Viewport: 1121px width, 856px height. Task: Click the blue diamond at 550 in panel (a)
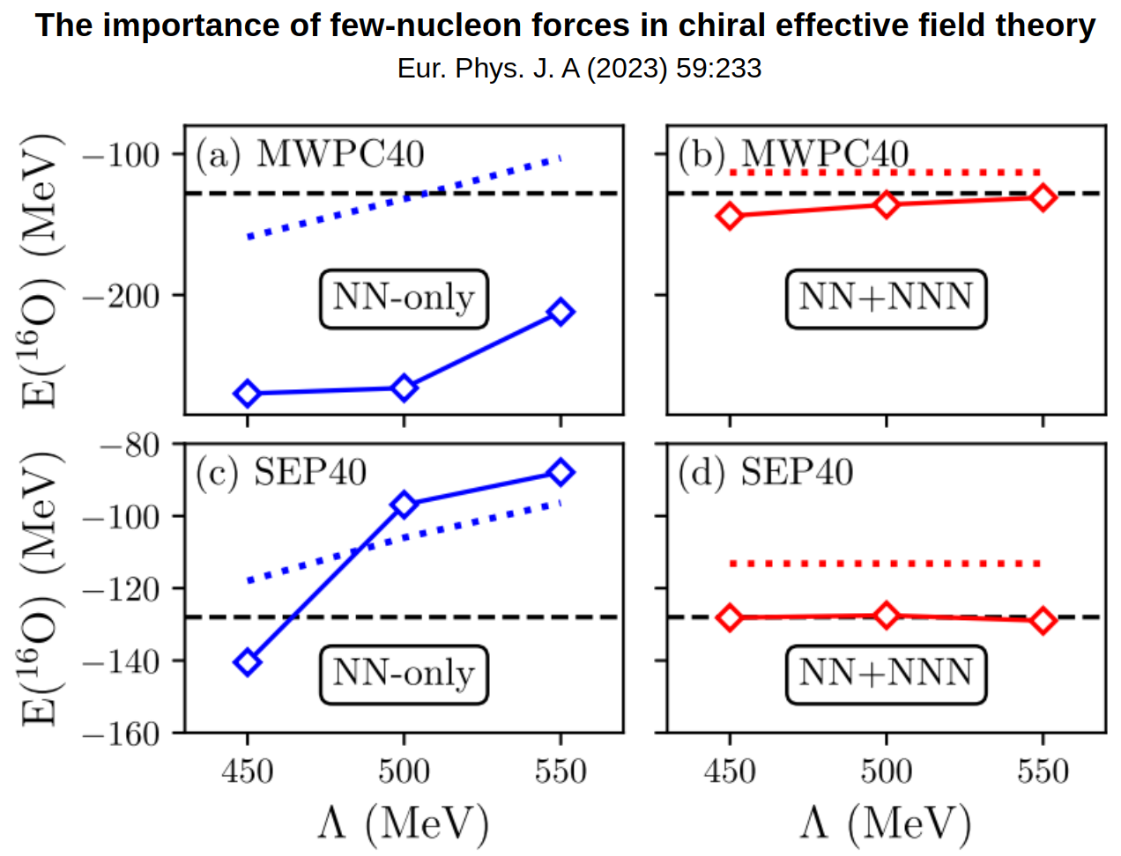560,312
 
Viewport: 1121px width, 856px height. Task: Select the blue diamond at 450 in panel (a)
248,394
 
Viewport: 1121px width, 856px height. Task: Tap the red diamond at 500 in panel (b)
887,204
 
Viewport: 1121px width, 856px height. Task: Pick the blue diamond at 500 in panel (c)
404,505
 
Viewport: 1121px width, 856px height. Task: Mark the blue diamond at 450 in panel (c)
248,662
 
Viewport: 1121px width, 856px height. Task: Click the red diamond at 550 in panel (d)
1043,621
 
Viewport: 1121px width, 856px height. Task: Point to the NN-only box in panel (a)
404,299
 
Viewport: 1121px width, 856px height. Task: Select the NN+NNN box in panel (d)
886,675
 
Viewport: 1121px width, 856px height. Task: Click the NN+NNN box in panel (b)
886,299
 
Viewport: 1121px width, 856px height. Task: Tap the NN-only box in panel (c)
404,675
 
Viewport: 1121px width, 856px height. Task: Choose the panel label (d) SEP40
765,473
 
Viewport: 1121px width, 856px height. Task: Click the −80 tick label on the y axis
130,445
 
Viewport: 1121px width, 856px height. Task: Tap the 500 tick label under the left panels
404,772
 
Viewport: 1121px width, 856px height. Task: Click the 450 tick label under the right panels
730,772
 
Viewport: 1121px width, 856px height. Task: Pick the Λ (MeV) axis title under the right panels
886,823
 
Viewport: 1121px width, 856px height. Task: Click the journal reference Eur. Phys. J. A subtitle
579,69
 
